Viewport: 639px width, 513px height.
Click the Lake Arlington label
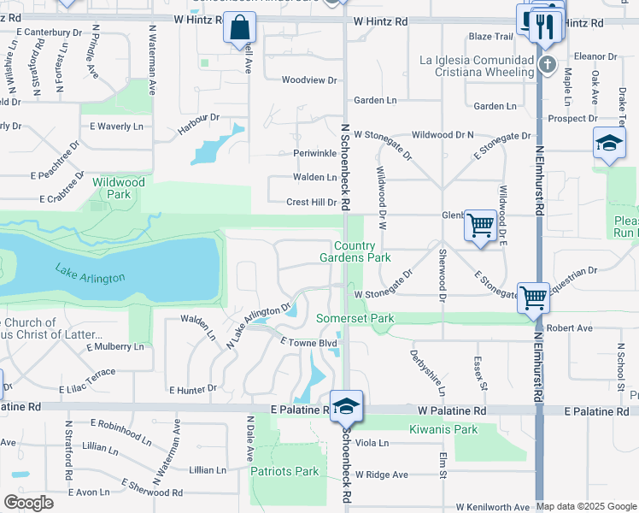coord(91,274)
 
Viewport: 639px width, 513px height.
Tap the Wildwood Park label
coord(118,188)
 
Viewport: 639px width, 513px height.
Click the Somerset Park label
coord(355,319)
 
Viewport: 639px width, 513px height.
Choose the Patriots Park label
coord(284,471)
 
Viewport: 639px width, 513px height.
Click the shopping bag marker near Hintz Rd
coord(240,27)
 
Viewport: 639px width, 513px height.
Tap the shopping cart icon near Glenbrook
coord(481,226)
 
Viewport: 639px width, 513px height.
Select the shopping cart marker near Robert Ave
coord(533,298)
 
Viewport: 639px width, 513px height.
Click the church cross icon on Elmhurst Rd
coord(548,64)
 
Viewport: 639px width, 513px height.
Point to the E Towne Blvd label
coord(309,342)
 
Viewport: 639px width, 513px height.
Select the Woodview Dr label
coord(309,80)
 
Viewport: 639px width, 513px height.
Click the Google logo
coord(28,503)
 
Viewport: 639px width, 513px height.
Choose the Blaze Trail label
coord(490,37)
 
